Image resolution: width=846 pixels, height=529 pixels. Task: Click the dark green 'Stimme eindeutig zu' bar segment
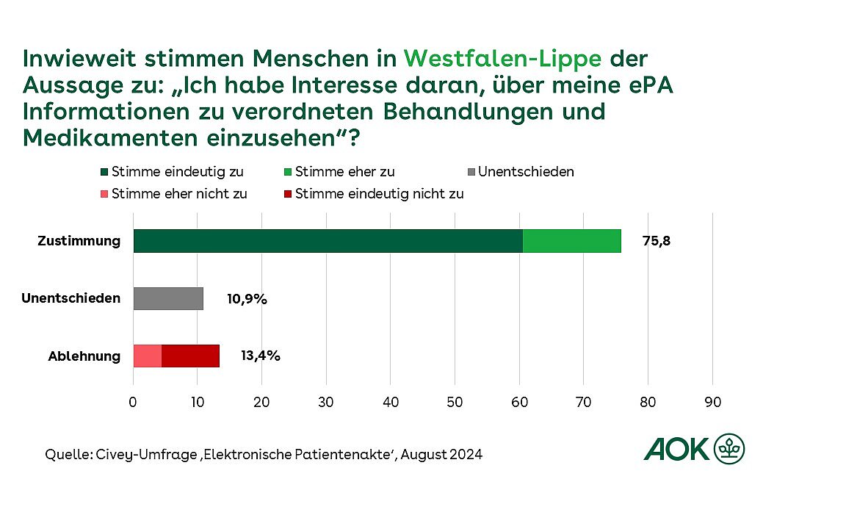tap(328, 241)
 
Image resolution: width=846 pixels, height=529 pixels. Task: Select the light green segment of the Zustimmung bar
tap(571, 241)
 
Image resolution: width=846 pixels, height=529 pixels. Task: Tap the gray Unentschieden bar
tap(168, 298)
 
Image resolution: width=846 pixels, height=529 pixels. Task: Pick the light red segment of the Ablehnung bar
tap(147, 356)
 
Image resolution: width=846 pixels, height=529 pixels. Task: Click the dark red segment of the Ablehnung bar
tap(190, 356)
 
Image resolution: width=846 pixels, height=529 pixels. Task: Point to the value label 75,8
tap(657, 241)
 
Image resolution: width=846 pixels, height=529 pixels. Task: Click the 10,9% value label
tap(246, 299)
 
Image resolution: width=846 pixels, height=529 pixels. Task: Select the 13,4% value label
tap(261, 356)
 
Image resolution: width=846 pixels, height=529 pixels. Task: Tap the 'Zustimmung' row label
tap(79, 241)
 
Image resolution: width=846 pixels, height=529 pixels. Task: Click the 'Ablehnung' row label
tap(84, 356)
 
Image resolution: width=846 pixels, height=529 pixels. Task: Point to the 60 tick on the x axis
tap(519, 402)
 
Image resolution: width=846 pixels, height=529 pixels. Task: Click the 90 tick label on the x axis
tap(712, 402)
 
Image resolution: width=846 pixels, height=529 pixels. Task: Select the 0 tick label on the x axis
tap(133, 402)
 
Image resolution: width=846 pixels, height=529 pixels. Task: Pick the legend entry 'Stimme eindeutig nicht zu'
tap(380, 194)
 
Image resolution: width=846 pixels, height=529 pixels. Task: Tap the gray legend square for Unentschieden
tap(471, 173)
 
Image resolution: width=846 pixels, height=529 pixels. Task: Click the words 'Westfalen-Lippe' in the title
tap(503, 58)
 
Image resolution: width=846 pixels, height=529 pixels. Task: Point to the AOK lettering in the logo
tap(677, 448)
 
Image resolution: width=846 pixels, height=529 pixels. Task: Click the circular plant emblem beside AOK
tap(728, 448)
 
